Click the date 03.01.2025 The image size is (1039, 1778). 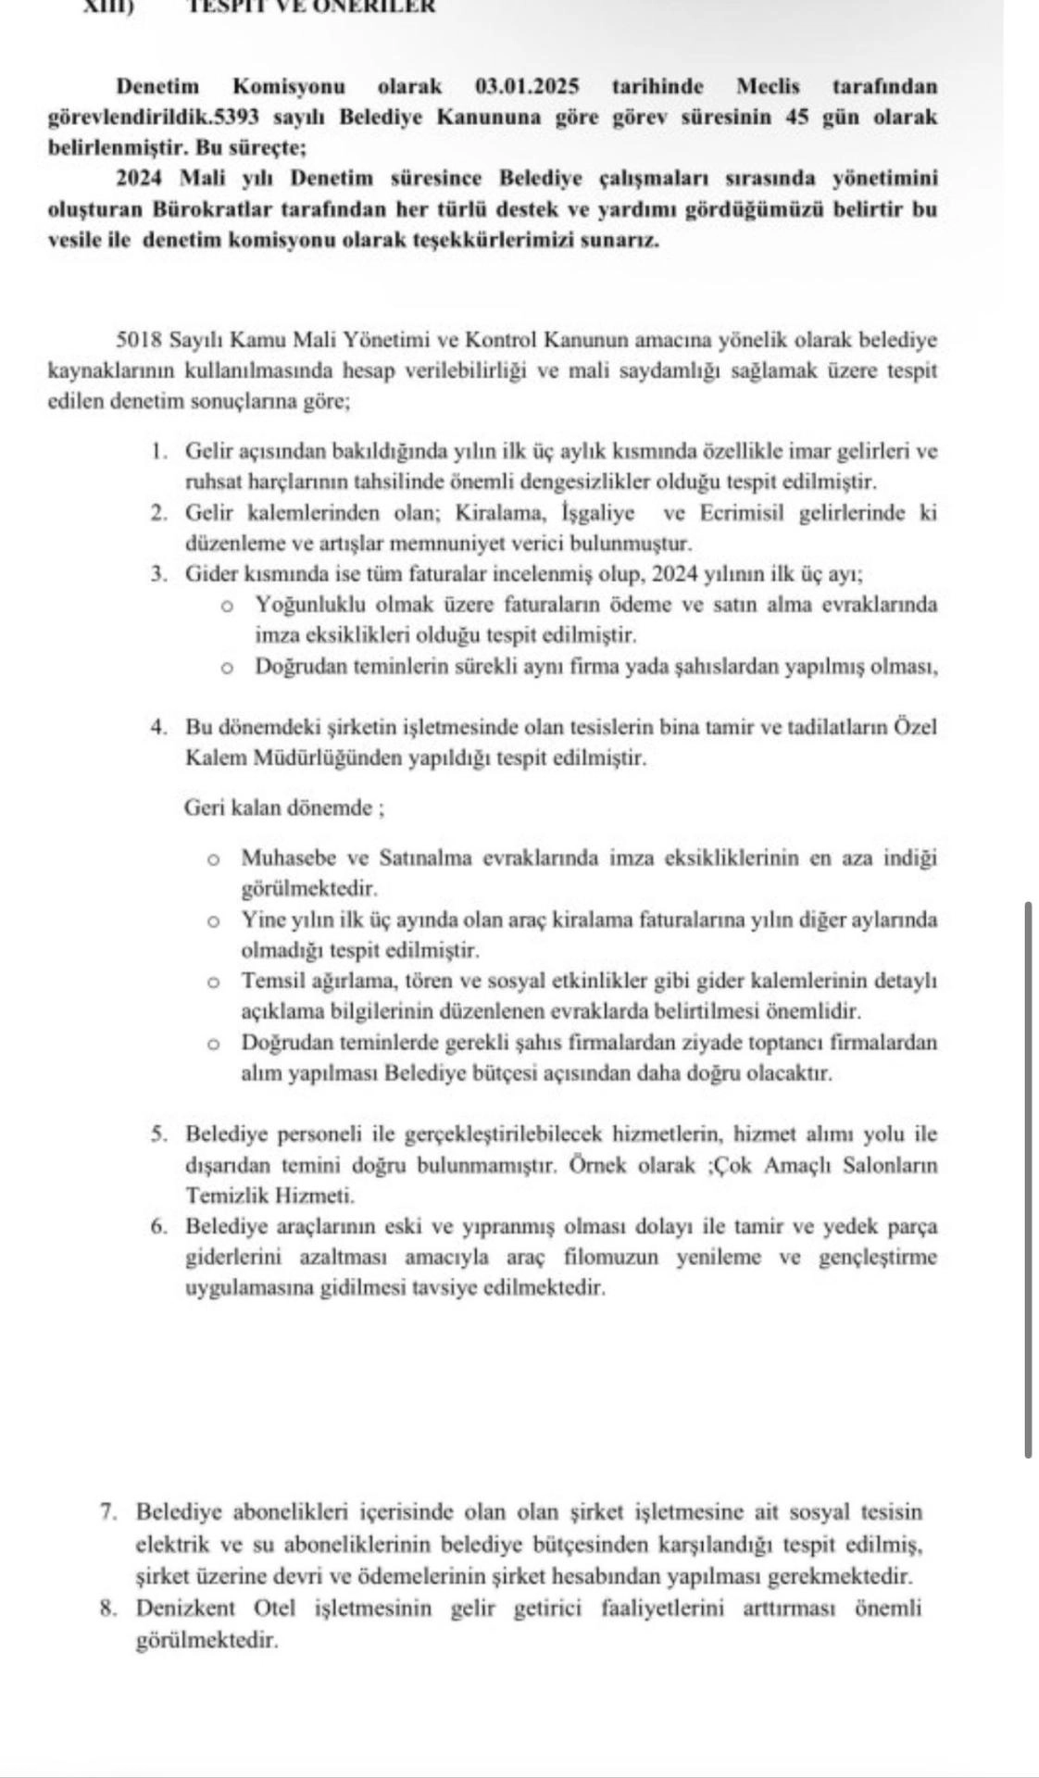click(527, 87)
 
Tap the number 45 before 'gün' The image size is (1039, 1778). click(798, 118)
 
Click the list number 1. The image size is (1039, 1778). click(160, 452)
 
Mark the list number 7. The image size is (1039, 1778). click(109, 1512)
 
